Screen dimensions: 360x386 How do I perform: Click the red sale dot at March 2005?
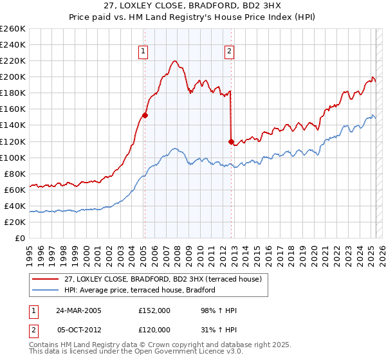point(145,116)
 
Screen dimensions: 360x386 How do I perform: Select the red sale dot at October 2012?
point(231,141)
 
